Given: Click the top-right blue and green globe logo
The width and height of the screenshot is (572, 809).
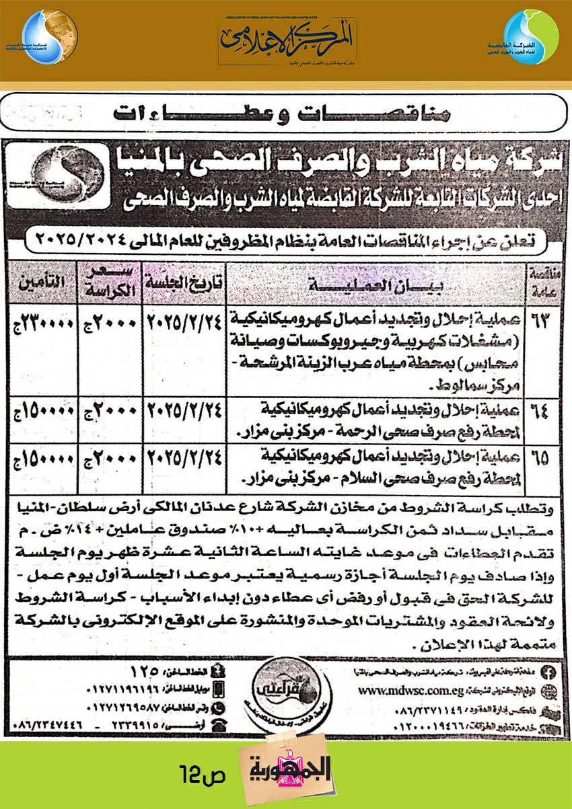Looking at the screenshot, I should tap(530, 38).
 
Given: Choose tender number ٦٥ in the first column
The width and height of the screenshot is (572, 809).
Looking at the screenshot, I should tap(542, 457).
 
